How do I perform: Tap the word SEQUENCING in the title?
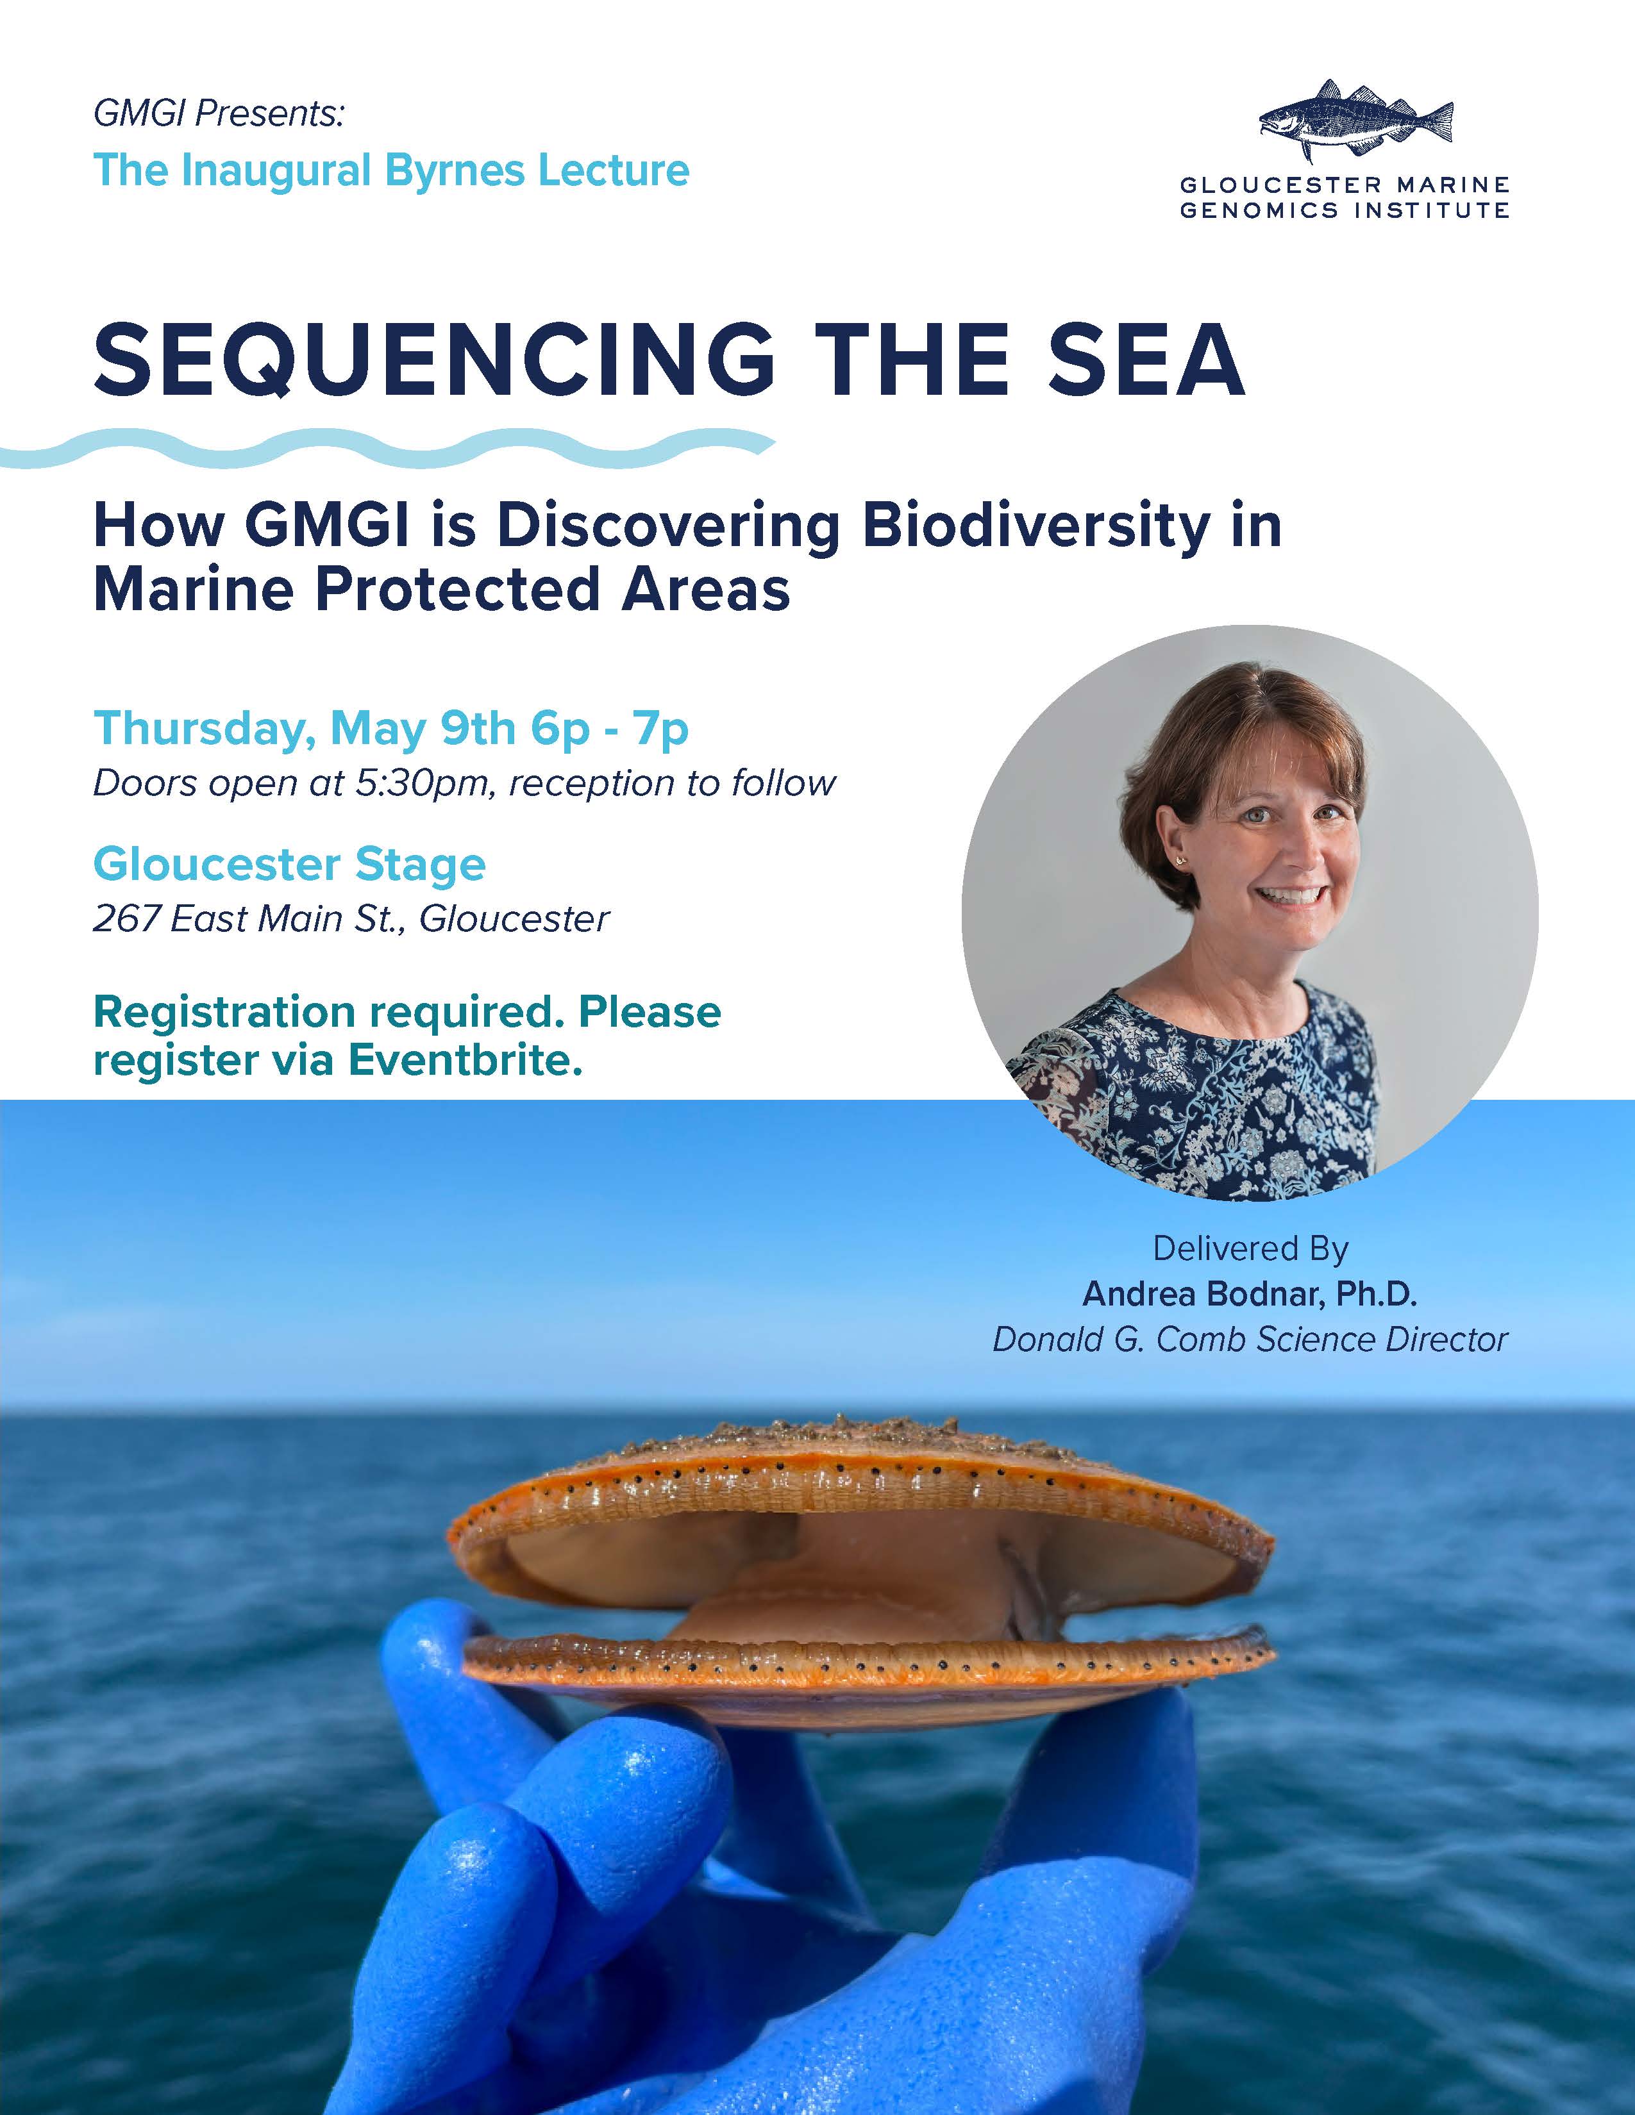435,360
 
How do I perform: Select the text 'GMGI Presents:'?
219,113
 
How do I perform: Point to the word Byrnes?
455,171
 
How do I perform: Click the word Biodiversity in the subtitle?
1035,527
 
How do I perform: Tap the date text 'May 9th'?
423,728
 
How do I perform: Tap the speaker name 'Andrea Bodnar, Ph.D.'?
1250,1294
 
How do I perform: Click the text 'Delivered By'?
1250,1248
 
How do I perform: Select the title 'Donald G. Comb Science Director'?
1250,1339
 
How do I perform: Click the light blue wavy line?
387,449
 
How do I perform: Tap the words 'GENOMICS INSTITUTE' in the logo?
1345,210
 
